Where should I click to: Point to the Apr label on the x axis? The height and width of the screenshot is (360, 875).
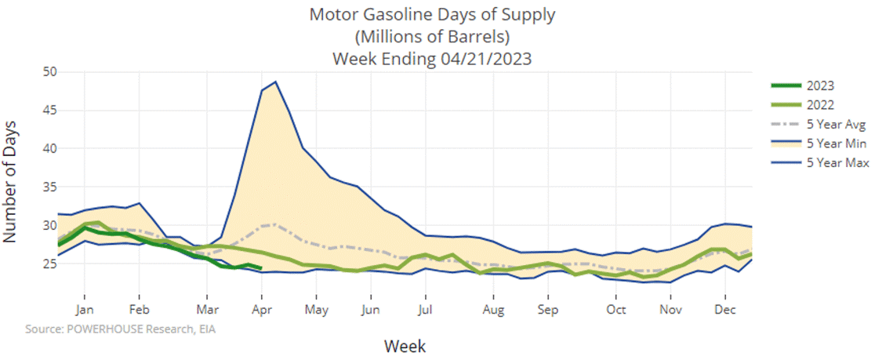coord(261,309)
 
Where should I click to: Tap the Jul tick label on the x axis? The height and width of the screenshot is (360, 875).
coord(425,309)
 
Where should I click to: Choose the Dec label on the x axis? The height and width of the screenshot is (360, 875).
coord(724,309)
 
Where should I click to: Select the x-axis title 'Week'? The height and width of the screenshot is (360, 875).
coord(405,345)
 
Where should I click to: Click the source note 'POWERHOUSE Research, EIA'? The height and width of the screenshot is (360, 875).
coord(121,329)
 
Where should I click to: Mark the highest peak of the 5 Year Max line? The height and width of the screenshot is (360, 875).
coord(275,82)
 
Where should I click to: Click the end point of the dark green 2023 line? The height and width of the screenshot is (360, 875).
coord(260,267)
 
